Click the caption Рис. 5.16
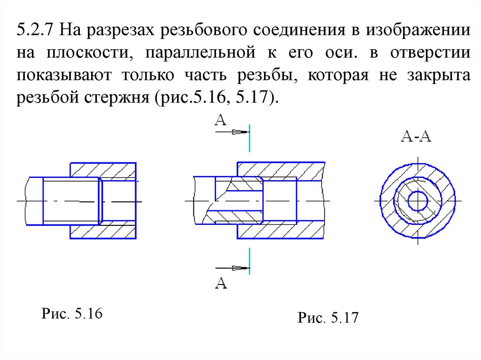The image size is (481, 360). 72,314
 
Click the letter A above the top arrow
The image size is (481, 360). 221,120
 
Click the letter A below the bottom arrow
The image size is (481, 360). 221,283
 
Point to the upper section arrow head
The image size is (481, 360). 240,132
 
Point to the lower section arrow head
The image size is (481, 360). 240,268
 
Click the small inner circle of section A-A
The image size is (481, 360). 417,200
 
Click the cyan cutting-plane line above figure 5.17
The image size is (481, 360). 249,138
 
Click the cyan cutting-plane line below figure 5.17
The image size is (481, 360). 249,261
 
